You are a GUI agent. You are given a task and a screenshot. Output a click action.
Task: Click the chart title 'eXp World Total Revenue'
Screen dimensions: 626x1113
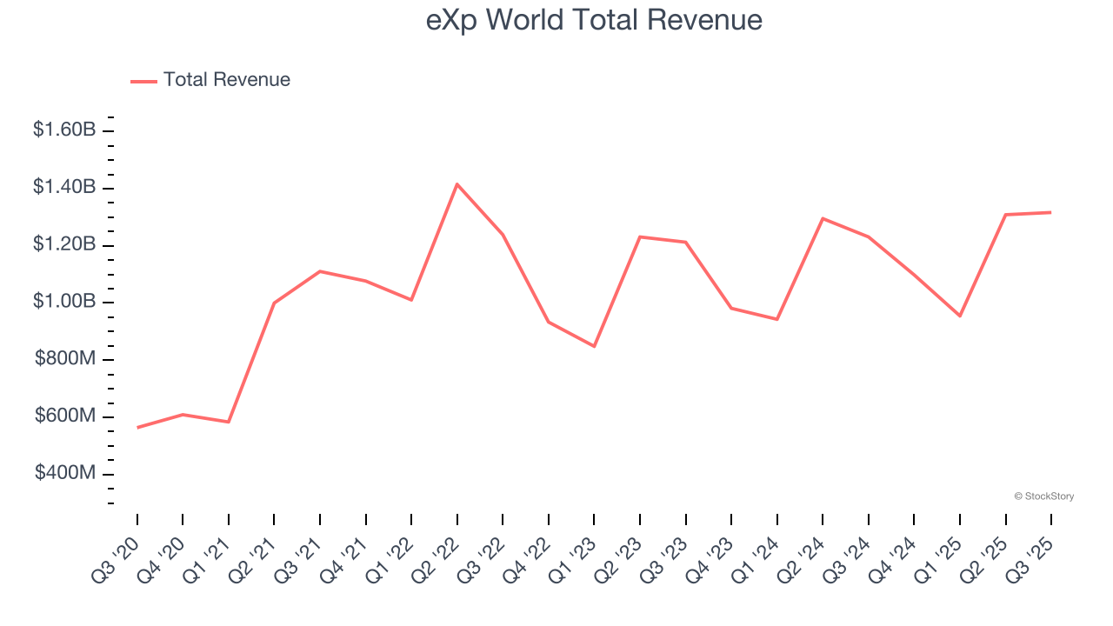coord(594,20)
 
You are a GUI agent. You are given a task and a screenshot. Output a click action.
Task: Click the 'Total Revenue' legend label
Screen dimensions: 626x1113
coord(226,80)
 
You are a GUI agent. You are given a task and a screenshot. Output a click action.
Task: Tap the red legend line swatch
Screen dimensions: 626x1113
coord(143,81)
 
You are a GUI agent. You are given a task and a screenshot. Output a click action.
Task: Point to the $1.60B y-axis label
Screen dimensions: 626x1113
coord(64,130)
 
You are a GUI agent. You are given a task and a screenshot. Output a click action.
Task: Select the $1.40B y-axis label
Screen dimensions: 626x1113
coord(64,188)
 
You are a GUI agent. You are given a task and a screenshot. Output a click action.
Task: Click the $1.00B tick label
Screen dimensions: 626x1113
coord(64,302)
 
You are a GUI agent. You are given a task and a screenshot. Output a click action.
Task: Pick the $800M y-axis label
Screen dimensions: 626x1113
coord(65,359)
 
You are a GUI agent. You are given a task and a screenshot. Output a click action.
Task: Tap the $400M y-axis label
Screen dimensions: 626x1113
coord(65,474)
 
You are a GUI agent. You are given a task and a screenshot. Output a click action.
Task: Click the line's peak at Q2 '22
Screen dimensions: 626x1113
coord(457,184)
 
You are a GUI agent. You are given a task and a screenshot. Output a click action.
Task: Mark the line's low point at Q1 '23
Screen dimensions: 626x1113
coord(594,346)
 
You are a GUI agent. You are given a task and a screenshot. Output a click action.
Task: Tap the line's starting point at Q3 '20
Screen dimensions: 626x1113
coord(137,428)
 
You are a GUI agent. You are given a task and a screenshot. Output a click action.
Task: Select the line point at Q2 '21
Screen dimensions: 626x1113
coord(274,303)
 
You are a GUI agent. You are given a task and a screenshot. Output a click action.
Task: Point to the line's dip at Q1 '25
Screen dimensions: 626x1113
coord(960,316)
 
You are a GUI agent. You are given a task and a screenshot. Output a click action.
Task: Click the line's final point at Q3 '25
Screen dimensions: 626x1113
coord(1051,212)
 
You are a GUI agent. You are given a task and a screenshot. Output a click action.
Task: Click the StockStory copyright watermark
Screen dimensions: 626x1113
coord(1043,496)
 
